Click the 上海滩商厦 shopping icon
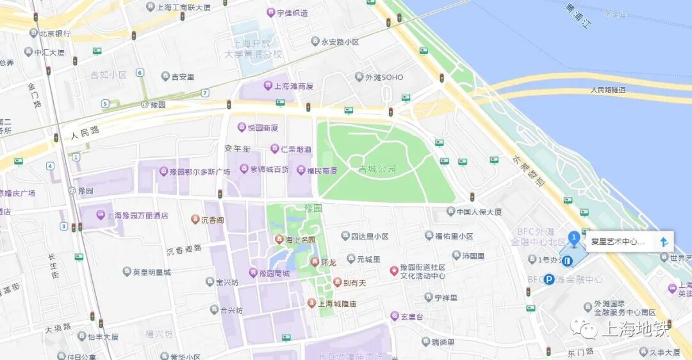tap(268, 86)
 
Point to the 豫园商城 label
tap(274, 274)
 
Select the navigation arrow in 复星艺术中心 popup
tap(664, 241)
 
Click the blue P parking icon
tap(548, 279)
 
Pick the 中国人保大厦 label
tap(479, 212)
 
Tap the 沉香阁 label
tap(212, 220)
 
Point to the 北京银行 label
tap(54, 33)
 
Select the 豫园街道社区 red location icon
tap(394, 271)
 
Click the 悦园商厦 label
tap(263, 127)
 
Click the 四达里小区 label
tap(370, 236)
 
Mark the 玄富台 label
tap(412, 316)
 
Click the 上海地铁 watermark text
tap(634, 330)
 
